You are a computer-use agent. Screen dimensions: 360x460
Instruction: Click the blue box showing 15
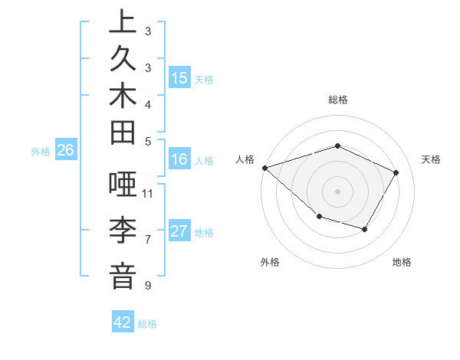179,77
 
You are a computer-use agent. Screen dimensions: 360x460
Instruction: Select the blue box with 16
179,159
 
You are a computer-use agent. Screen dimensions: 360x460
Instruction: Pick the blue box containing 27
179,231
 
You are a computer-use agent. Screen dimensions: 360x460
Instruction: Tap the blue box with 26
65,150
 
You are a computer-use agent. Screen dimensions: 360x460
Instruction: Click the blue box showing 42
123,322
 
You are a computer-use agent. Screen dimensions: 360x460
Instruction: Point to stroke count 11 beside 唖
149,193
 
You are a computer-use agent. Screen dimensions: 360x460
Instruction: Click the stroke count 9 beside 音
147,286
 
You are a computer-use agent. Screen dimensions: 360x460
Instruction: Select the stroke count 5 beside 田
147,141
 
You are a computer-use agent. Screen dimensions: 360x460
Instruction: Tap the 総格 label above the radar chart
337,100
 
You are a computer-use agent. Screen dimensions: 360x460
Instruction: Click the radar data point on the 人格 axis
264,167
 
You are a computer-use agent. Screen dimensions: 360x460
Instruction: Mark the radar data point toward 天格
396,172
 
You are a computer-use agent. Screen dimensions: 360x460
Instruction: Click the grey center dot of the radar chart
337,191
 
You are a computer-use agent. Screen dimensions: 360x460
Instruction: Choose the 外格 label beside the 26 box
41,152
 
